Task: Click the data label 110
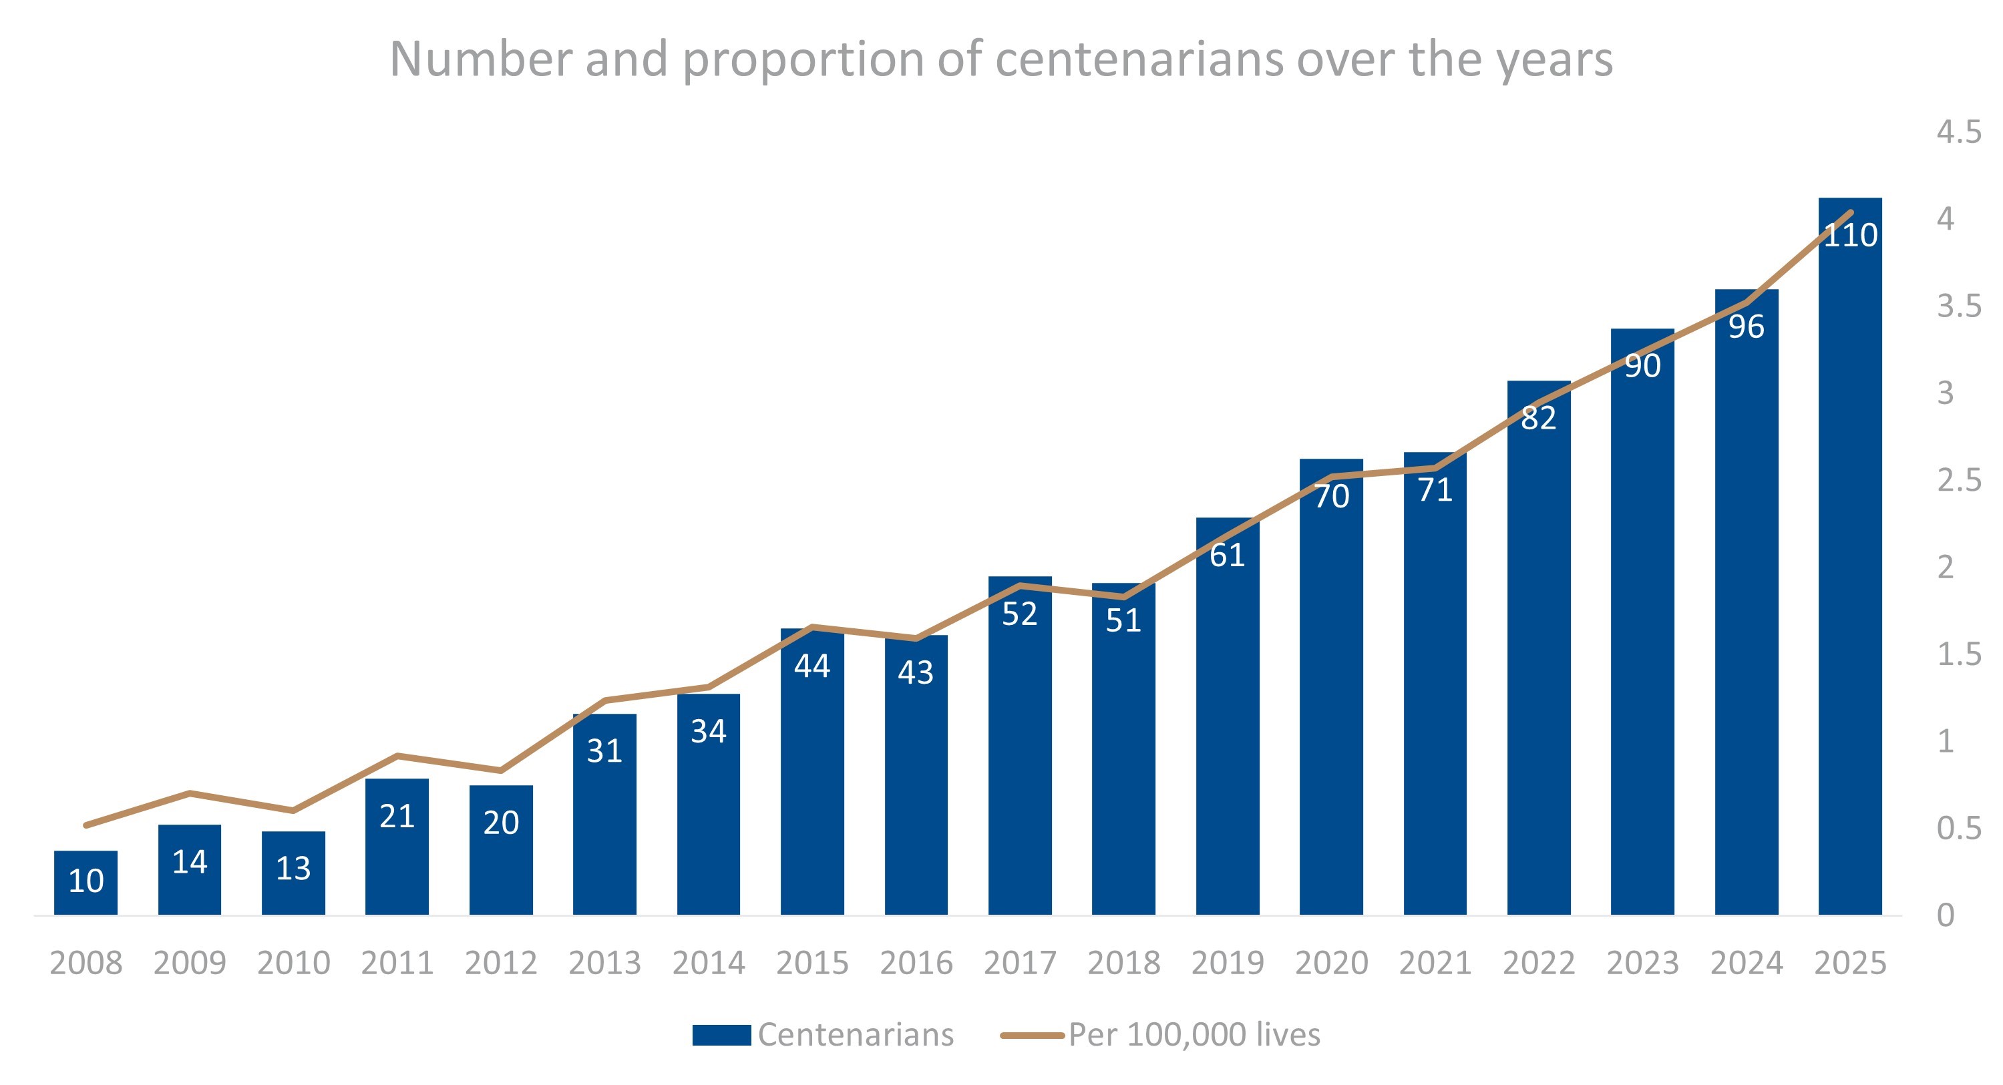(x=1851, y=235)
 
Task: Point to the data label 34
(x=709, y=731)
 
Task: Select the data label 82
(x=1539, y=418)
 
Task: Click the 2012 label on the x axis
(x=501, y=963)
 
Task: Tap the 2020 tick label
(x=1331, y=963)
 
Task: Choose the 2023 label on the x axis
(x=1642, y=963)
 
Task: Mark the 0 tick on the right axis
(x=1946, y=915)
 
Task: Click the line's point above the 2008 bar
(x=85, y=825)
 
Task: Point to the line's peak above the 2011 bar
(x=397, y=755)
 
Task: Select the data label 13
(x=293, y=868)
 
